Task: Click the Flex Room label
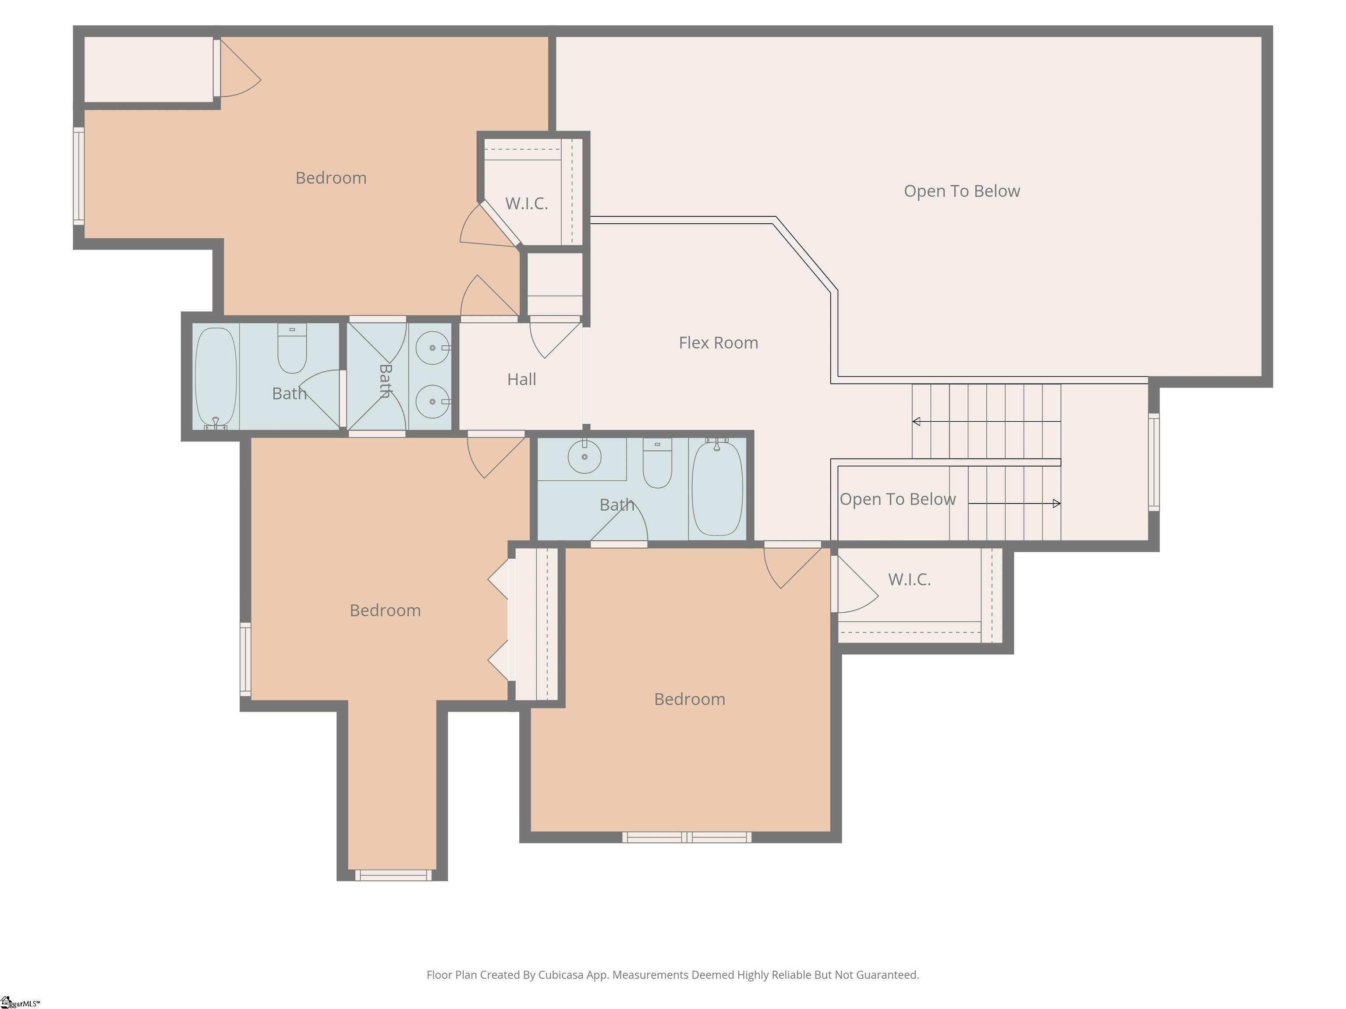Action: point(718,342)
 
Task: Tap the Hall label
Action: point(521,380)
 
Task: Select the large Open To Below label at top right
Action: point(961,191)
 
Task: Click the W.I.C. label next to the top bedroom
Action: point(526,203)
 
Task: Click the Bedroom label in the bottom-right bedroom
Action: point(689,699)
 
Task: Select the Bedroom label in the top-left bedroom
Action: point(331,178)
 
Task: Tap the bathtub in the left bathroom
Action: point(216,377)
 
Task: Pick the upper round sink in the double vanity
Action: point(432,348)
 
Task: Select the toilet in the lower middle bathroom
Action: point(657,463)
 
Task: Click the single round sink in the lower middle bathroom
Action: point(584,456)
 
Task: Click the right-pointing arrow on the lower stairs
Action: point(1056,504)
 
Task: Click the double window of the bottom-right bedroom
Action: point(687,837)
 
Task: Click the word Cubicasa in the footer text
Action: point(560,975)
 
